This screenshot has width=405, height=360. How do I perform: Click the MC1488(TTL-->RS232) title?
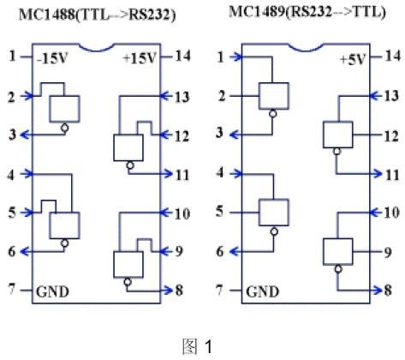(x=97, y=15)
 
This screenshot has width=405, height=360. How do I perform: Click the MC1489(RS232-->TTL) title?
(x=307, y=12)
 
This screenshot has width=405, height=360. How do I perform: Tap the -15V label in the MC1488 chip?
(x=52, y=58)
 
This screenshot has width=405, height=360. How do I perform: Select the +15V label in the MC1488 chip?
(x=140, y=58)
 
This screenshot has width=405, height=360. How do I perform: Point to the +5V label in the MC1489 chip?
(x=353, y=60)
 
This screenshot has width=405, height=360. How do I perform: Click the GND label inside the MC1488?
(x=52, y=291)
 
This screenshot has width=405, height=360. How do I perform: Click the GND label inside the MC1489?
(x=262, y=291)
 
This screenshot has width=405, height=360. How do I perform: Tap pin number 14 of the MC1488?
(x=182, y=56)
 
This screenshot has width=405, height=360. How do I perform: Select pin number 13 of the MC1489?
(x=391, y=96)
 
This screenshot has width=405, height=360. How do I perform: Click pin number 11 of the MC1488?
(x=182, y=175)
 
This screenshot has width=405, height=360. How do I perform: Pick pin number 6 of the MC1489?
(x=220, y=252)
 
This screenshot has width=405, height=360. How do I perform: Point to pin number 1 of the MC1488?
(x=12, y=56)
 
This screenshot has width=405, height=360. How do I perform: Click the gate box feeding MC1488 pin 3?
(x=64, y=109)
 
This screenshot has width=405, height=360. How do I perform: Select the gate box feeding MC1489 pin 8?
(x=338, y=251)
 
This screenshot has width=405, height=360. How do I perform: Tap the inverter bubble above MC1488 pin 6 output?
(x=65, y=243)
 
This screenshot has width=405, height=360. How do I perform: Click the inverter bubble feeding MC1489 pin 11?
(x=337, y=151)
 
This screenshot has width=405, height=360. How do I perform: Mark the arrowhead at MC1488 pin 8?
(x=169, y=291)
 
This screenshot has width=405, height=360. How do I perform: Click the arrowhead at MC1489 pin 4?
(x=237, y=174)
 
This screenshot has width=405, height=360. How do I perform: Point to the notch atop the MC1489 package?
(x=307, y=48)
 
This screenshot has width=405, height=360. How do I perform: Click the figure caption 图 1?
(x=197, y=346)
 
